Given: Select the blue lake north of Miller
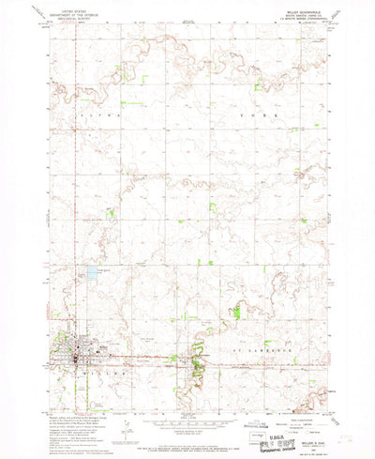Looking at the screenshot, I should (x=92, y=275).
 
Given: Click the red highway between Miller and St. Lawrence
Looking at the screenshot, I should (x=141, y=357).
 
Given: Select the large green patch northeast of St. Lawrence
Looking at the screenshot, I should (x=237, y=310).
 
